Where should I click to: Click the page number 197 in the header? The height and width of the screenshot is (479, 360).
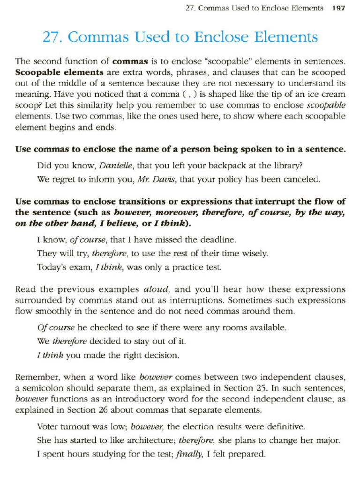[338, 8]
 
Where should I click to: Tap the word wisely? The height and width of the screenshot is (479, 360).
[254, 254]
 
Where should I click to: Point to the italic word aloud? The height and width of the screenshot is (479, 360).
[157, 289]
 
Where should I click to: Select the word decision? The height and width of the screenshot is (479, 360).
[162, 355]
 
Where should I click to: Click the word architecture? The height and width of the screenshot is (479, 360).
[145, 440]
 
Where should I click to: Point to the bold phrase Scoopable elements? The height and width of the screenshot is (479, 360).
[59, 73]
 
